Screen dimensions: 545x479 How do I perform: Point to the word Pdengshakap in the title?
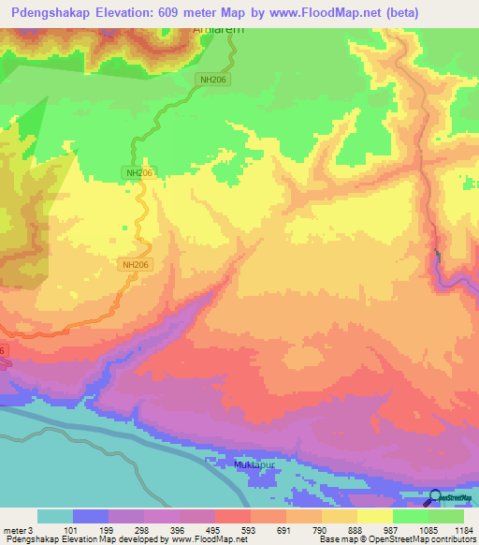[44, 12]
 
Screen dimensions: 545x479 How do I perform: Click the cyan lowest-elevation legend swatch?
[54, 516]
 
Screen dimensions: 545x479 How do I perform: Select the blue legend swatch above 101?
[90, 516]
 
